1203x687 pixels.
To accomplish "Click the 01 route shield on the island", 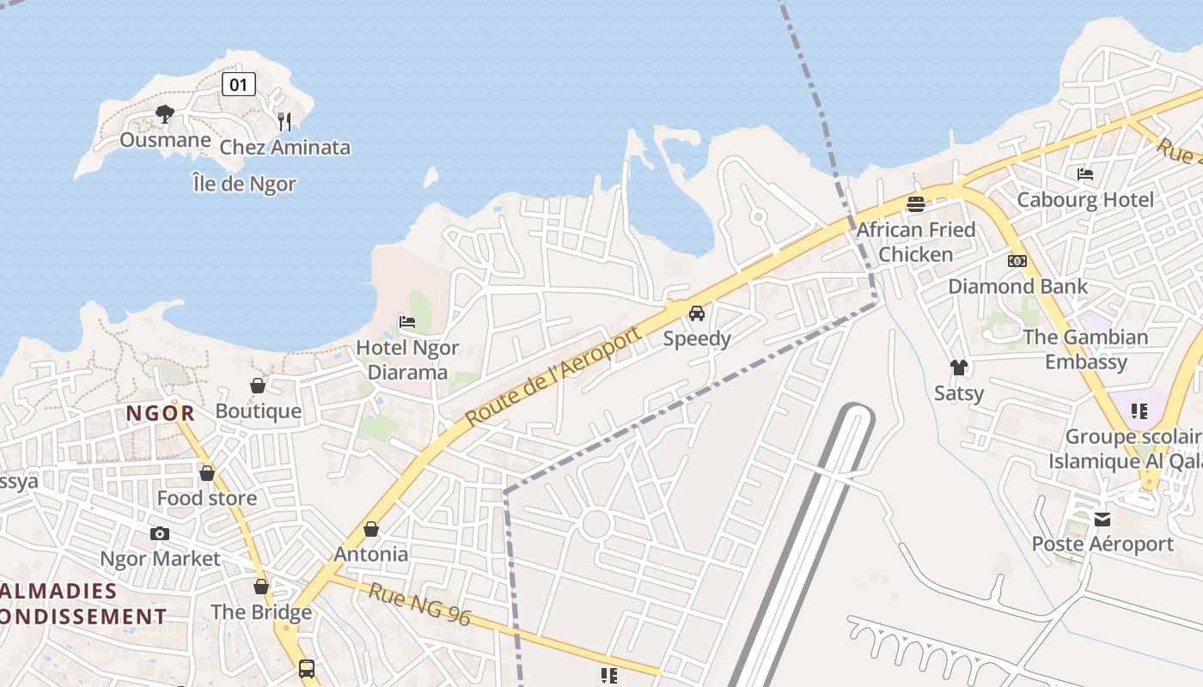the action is pyautogui.click(x=238, y=84).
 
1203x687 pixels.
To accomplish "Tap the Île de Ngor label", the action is pyautogui.click(x=244, y=184).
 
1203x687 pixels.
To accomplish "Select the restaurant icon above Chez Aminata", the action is pyautogui.click(x=284, y=121).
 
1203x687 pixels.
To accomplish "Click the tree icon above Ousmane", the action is pyautogui.click(x=165, y=113).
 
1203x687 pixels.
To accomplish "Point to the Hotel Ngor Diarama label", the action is pyautogui.click(x=407, y=360).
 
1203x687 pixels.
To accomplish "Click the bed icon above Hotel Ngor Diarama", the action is pyautogui.click(x=407, y=322).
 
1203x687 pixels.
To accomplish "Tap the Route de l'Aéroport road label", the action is pyautogui.click(x=553, y=377).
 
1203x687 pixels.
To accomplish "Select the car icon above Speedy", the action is pyautogui.click(x=697, y=313).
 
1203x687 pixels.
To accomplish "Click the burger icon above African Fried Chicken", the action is pyautogui.click(x=916, y=204).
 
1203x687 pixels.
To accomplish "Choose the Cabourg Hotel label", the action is pyautogui.click(x=1085, y=200).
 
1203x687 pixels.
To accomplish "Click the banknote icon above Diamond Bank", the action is pyautogui.click(x=1017, y=261).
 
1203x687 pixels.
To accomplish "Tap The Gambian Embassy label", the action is pyautogui.click(x=1085, y=350).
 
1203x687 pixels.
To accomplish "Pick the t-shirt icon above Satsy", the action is pyautogui.click(x=959, y=368).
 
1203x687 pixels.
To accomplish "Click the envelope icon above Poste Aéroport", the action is pyautogui.click(x=1102, y=520).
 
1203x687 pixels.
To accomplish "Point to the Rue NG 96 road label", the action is pyautogui.click(x=420, y=604).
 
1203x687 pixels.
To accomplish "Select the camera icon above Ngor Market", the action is pyautogui.click(x=160, y=534).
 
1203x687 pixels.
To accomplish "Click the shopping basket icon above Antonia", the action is pyautogui.click(x=371, y=529).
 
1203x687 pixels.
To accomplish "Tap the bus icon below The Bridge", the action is pyautogui.click(x=307, y=668).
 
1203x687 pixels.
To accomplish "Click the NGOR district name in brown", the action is pyautogui.click(x=161, y=413).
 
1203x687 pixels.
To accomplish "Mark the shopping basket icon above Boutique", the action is pyautogui.click(x=258, y=386).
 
